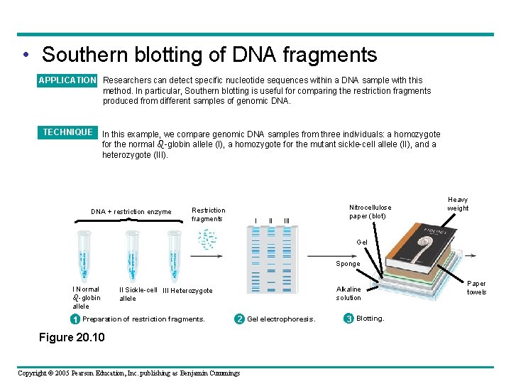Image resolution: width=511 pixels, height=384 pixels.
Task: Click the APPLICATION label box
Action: click(x=67, y=80)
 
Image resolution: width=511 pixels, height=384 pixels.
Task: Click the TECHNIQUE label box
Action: click(x=67, y=132)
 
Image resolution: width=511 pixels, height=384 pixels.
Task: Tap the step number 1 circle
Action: click(x=75, y=319)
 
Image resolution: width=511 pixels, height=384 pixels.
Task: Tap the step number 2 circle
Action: click(x=240, y=319)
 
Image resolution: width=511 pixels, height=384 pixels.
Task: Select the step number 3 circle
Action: click(x=348, y=319)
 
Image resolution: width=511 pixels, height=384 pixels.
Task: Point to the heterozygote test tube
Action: click(x=174, y=257)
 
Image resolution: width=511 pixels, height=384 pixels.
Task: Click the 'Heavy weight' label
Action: click(x=458, y=204)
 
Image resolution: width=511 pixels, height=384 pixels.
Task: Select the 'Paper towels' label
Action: click(x=476, y=287)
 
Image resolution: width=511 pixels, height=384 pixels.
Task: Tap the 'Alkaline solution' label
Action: click(x=348, y=293)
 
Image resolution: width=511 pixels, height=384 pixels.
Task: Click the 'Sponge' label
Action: click(x=348, y=264)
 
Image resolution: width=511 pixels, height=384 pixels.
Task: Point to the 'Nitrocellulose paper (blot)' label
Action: click(x=370, y=211)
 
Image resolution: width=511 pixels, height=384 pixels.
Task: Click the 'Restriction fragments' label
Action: click(x=209, y=214)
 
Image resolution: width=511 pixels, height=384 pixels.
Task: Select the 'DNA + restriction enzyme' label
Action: click(x=131, y=212)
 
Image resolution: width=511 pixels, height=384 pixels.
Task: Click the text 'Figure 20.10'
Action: click(x=71, y=337)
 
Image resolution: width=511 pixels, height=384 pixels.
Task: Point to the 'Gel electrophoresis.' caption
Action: click(x=281, y=319)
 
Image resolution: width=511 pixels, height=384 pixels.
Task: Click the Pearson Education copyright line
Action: click(x=128, y=373)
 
